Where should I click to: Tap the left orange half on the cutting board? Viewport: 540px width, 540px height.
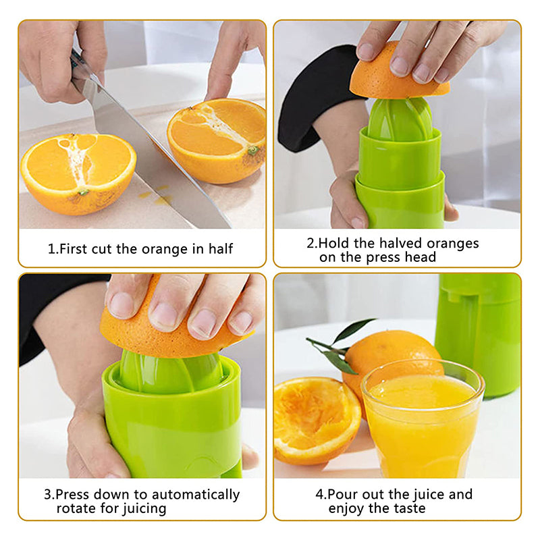point(78,174)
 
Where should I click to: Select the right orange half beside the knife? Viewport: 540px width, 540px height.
point(217,140)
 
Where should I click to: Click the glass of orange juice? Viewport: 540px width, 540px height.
point(423,418)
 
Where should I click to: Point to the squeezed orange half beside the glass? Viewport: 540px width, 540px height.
point(316,421)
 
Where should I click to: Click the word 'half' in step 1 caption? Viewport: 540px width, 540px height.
point(221,248)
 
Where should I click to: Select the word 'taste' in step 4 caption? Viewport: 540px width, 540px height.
point(410,509)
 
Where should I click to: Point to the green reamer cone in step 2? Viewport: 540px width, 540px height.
point(400,119)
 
